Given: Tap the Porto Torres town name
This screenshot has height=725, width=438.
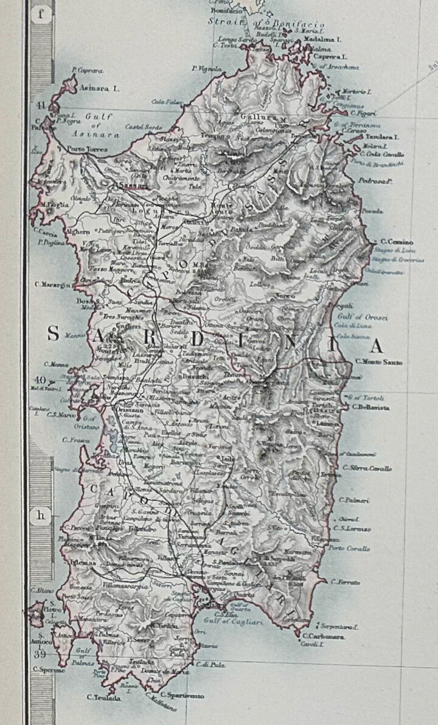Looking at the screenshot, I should point(88,149).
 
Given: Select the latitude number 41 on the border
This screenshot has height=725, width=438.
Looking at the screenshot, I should point(41,107).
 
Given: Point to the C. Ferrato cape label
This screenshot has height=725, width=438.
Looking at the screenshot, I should point(346,582).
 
